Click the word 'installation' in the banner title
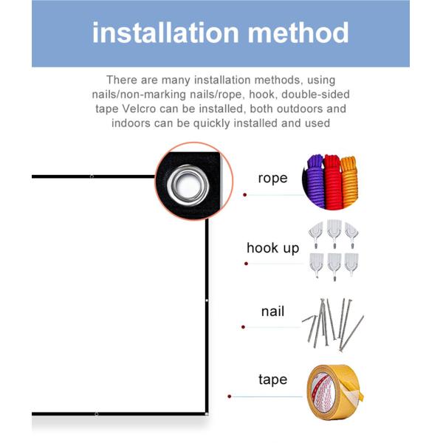pos(166,32)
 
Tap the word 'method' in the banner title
pos(298,32)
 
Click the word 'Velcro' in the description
pos(140,109)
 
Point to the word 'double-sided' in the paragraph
pos(315,95)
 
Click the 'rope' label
pos(272,178)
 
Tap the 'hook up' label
pos(272,248)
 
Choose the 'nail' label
pos(272,312)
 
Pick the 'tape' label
pos(272,380)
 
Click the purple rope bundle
pos(315,181)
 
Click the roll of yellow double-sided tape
pos(334,393)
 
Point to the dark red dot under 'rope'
pos(245,195)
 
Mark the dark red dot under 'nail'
pos(243,327)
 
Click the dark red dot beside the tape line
pos(230,396)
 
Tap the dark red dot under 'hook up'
pos(246,264)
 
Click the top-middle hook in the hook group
pos(334,233)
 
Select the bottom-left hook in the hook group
pos(316,264)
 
